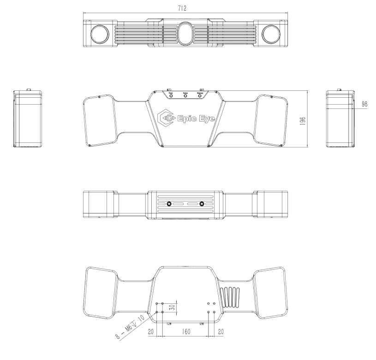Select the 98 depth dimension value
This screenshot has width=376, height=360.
(364, 104)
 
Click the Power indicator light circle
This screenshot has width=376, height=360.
(171, 96)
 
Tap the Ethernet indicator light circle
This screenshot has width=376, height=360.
(200, 96)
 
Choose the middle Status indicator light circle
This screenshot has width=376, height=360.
(185, 96)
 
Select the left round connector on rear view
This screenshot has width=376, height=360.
(169, 204)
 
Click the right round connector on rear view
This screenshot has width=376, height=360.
(202, 204)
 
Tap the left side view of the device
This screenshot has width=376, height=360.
(29, 118)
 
